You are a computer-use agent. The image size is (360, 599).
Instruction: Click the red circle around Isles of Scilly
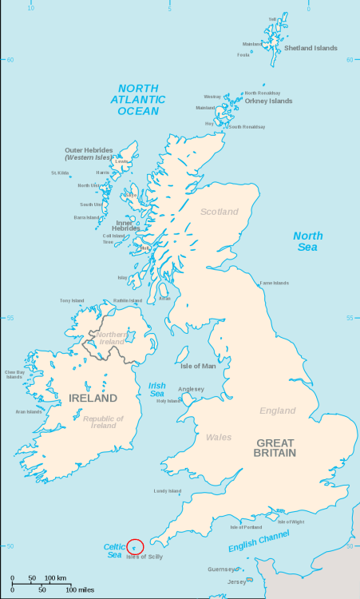[x=135, y=546]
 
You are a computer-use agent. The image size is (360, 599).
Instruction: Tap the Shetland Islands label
[x=311, y=48]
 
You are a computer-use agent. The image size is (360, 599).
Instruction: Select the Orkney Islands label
[x=268, y=101]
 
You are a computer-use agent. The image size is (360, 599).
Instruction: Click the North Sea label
[x=307, y=241]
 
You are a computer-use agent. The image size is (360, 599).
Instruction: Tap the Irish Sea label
[x=157, y=390]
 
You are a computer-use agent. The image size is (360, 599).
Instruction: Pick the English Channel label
[x=260, y=541]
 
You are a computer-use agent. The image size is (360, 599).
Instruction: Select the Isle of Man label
[x=198, y=367]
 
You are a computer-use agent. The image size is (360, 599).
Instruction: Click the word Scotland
[x=219, y=212]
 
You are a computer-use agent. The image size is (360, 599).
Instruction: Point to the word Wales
[x=219, y=437]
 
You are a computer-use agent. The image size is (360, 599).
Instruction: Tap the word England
[x=277, y=411]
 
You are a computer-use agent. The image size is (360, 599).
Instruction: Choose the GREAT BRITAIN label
[x=275, y=447]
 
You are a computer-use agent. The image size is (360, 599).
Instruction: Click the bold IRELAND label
[x=93, y=398]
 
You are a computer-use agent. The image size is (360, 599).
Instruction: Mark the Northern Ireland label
[x=112, y=338]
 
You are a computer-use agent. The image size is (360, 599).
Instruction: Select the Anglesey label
[x=191, y=389]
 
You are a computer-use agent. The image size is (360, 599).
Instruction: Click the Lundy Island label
[x=168, y=491]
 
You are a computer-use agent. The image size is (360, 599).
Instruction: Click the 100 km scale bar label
[x=55, y=577]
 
